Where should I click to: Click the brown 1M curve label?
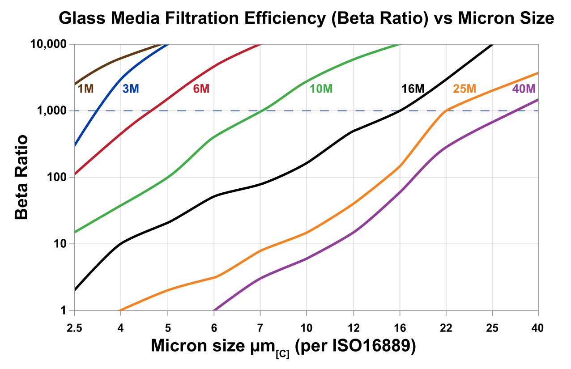point(86,89)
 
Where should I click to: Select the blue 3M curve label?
point(131,89)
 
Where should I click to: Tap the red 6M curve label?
point(201,89)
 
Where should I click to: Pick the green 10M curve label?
point(321,89)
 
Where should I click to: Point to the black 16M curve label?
point(412,89)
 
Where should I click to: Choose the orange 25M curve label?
point(464,89)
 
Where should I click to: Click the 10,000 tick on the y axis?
point(49,44)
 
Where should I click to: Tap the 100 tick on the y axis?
point(57,178)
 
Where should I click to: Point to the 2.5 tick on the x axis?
point(75,328)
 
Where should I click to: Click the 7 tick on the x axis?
point(260,328)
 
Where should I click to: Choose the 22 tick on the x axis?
point(446,328)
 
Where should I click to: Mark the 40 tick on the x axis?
point(538,328)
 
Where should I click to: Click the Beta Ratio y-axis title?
point(21,177)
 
